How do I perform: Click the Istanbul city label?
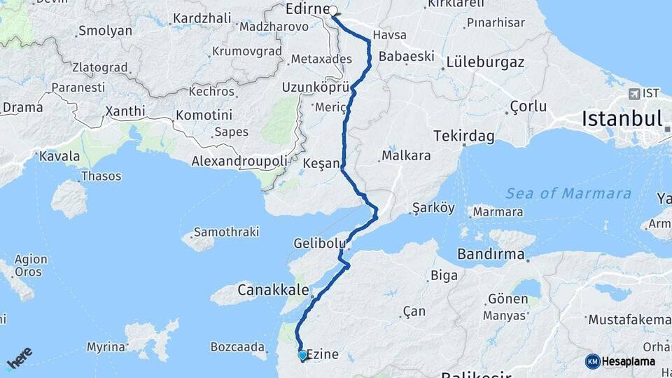(621, 118)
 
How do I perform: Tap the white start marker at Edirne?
(333, 10)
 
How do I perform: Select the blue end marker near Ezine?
(302, 356)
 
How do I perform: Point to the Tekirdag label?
(458, 135)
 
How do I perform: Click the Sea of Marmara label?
(568, 193)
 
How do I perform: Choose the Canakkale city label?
(269, 288)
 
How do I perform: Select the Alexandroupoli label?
(239, 162)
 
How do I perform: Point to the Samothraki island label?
(226, 231)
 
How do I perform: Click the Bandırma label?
(491, 253)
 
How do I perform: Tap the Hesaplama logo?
(620, 361)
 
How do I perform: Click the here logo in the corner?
(20, 359)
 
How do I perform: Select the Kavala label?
(59, 155)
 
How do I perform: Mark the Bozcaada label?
(238, 346)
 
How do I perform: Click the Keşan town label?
(321, 163)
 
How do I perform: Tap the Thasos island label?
(101, 176)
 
